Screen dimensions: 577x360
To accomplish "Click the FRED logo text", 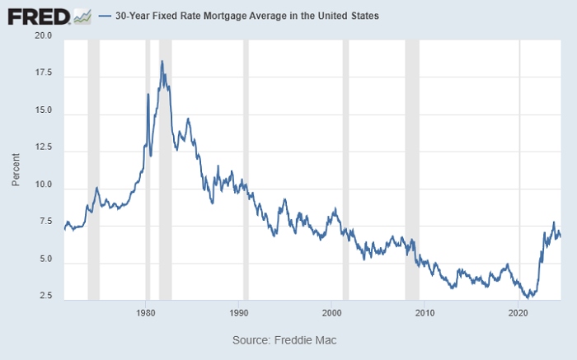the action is coord(39,17).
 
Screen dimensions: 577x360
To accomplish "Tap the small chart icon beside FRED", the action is coord(82,17).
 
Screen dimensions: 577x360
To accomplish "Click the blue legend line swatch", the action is coord(105,16).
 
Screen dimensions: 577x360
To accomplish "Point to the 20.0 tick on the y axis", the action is coord(44,35).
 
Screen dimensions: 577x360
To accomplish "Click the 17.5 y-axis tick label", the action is coord(44,72).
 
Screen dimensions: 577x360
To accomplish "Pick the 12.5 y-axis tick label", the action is coord(44,147).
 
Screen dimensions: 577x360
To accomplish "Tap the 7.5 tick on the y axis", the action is coord(45,222).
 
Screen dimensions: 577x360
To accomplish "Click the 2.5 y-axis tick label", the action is coord(45,296).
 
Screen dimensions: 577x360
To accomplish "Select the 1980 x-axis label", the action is coord(145,313).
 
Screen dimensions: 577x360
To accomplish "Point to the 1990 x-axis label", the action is coord(238,313).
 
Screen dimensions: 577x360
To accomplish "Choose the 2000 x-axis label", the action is coord(331,313).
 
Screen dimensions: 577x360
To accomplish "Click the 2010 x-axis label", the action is coord(425,313).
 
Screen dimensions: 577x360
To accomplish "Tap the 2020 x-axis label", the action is coord(518,313).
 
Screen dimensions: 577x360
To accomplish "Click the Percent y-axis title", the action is coord(16,170).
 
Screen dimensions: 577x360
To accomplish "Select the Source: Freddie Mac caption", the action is coord(284,340).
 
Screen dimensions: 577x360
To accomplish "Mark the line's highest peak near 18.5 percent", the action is coord(162,62).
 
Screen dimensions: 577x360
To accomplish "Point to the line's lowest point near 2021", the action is coord(528,298).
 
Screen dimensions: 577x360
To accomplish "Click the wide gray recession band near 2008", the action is coord(412,170).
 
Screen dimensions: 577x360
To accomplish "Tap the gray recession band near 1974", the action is coord(93,170).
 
